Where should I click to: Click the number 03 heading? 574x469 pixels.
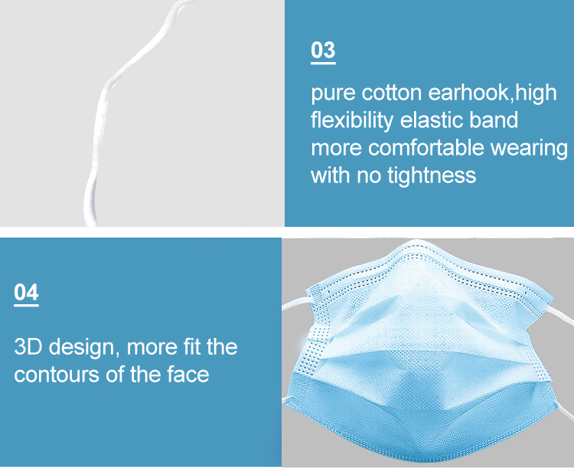tap(323, 50)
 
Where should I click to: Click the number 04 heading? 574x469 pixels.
tap(26, 292)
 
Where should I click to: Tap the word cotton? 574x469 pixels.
tap(392, 93)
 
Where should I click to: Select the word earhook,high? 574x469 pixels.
tap(492, 92)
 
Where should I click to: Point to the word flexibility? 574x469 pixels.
tap(352, 120)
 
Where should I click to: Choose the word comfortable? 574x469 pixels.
tap(426, 147)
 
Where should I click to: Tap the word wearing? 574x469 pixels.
tap(529, 149)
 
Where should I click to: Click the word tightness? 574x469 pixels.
tap(432, 175)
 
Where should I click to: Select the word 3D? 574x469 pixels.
tap(28, 346)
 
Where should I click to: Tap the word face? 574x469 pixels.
tap(188, 374)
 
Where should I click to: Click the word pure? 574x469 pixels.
tap(333, 93)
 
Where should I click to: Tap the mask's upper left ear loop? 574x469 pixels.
tap(295, 304)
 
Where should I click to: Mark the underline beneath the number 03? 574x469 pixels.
tap(323, 63)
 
